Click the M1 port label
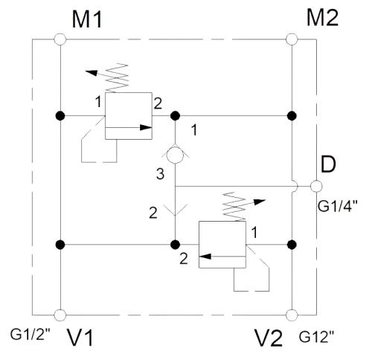[87, 20]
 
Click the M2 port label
[322, 18]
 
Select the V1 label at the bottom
[80, 338]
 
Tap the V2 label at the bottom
[269, 338]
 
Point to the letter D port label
[328, 164]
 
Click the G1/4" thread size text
[338, 206]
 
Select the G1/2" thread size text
[31, 335]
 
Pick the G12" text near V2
[316, 337]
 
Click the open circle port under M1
[60, 39]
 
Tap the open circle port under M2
[292, 39]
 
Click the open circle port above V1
[60, 315]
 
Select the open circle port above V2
[292, 315]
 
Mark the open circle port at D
[316, 186]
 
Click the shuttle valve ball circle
[175, 155]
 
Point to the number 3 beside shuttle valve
[160, 173]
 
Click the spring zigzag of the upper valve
[117, 78]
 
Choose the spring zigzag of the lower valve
[234, 207]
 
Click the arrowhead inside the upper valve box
[146, 128]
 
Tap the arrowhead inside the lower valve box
[205, 257]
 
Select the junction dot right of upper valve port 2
[175, 116]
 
